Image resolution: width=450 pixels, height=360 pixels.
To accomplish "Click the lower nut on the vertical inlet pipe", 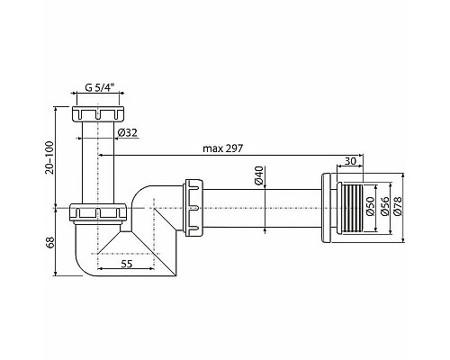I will click(97, 212).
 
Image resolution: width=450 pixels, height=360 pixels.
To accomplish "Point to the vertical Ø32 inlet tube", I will click(96, 162).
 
